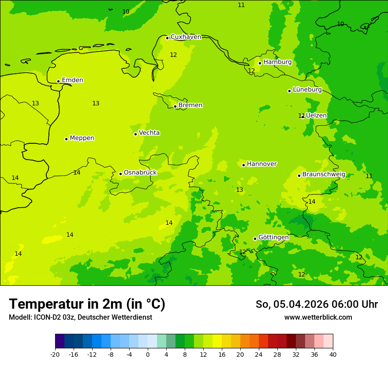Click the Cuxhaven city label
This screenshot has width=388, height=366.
[186, 37]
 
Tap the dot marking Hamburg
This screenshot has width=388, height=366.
[260, 63]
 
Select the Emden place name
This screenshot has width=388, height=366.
[72, 80]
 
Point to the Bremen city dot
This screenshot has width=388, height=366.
[175, 106]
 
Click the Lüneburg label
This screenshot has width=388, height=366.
[307, 90]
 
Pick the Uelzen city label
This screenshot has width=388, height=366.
[316, 116]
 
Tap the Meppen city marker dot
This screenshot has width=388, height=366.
[66, 139]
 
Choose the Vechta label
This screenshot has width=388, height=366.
[149, 133]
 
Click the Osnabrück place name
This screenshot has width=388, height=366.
[140, 172]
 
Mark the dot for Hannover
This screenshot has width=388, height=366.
[243, 165]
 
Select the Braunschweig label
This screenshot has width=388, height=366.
[324, 174]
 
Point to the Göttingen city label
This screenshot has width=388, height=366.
[273, 237]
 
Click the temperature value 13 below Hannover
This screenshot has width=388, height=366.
[239, 190]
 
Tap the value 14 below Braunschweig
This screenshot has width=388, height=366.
[312, 202]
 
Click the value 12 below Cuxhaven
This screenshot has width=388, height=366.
[173, 55]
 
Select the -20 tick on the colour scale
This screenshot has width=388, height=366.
[55, 354]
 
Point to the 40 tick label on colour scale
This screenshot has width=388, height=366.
[333, 354]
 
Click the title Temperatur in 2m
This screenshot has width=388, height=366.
[87, 304]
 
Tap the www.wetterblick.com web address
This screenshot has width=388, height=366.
[318, 317]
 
